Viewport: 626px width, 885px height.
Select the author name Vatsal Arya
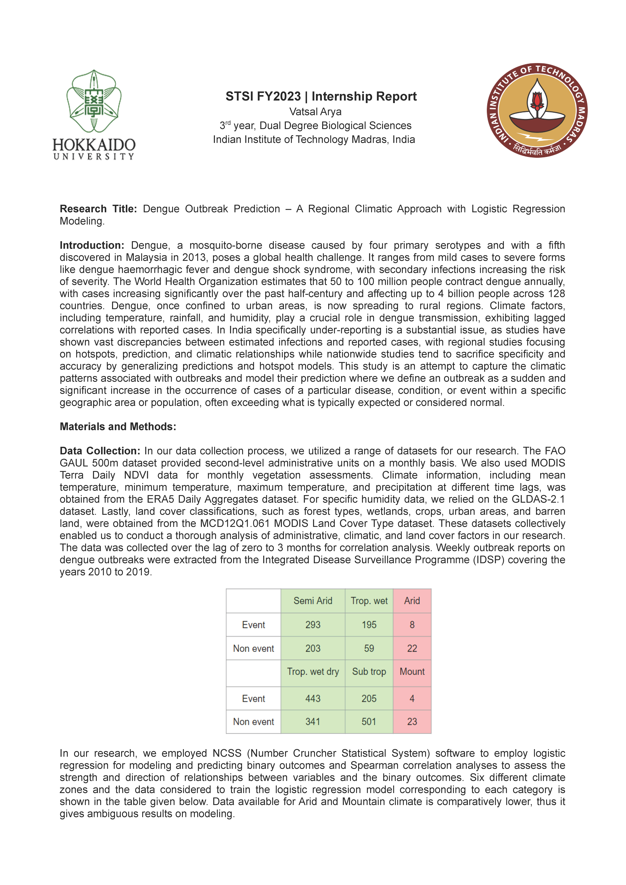(315, 112)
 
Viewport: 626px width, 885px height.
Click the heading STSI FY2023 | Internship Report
(321, 96)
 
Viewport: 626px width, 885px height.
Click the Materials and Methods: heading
(118, 427)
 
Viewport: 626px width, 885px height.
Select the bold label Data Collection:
(100, 451)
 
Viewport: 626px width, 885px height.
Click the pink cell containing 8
(412, 625)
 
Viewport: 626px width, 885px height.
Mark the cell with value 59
(369, 648)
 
